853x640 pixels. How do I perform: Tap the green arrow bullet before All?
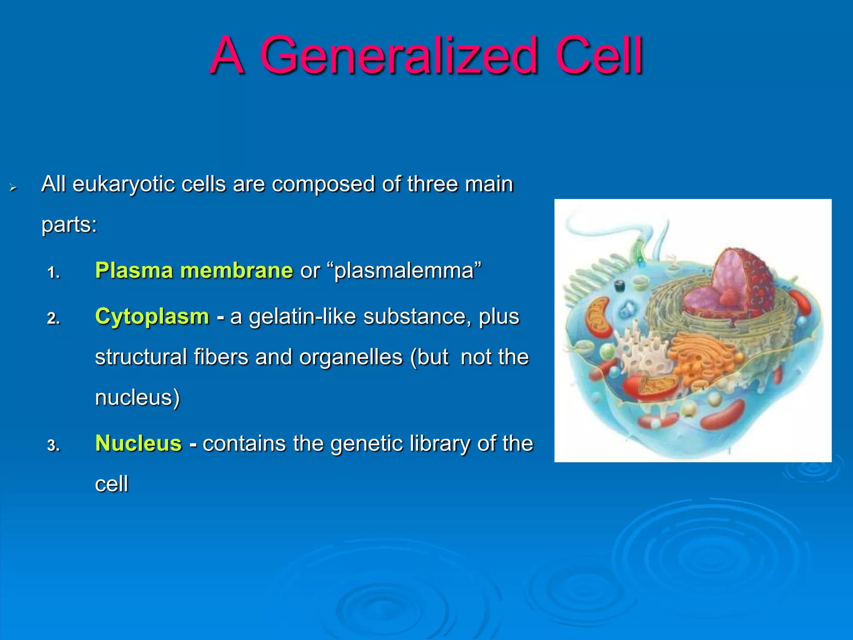pyautogui.click(x=13, y=188)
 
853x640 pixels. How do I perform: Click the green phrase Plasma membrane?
pyautogui.click(x=194, y=270)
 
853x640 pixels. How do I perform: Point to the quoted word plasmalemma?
pyautogui.click(x=404, y=270)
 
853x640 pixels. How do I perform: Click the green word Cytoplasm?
pyautogui.click(x=152, y=316)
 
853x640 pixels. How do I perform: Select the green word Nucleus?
pyautogui.click(x=138, y=443)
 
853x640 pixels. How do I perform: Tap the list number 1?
pyautogui.click(x=53, y=273)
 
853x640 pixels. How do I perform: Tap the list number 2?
pyautogui.click(x=53, y=319)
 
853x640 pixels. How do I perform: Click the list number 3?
pyautogui.click(x=53, y=446)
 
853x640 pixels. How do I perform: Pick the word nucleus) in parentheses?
pyautogui.click(x=137, y=397)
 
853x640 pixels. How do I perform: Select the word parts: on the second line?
pyautogui.click(x=69, y=225)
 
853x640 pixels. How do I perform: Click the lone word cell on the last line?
pyautogui.click(x=111, y=484)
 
